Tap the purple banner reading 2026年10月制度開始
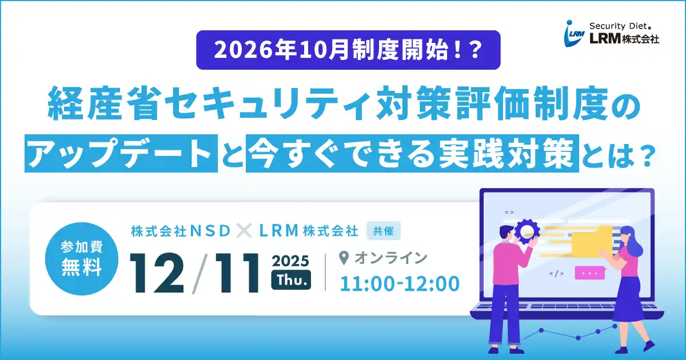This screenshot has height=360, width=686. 348,50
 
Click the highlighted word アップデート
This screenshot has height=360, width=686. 121,153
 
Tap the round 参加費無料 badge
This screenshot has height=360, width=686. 81,258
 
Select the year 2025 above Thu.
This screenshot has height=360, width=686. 290,261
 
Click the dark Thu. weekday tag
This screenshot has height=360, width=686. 291,280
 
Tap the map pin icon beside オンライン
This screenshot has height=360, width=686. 344,258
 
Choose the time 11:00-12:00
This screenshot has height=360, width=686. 400,283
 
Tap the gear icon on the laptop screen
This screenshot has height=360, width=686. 527,230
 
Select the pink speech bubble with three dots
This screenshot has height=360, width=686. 589,273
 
